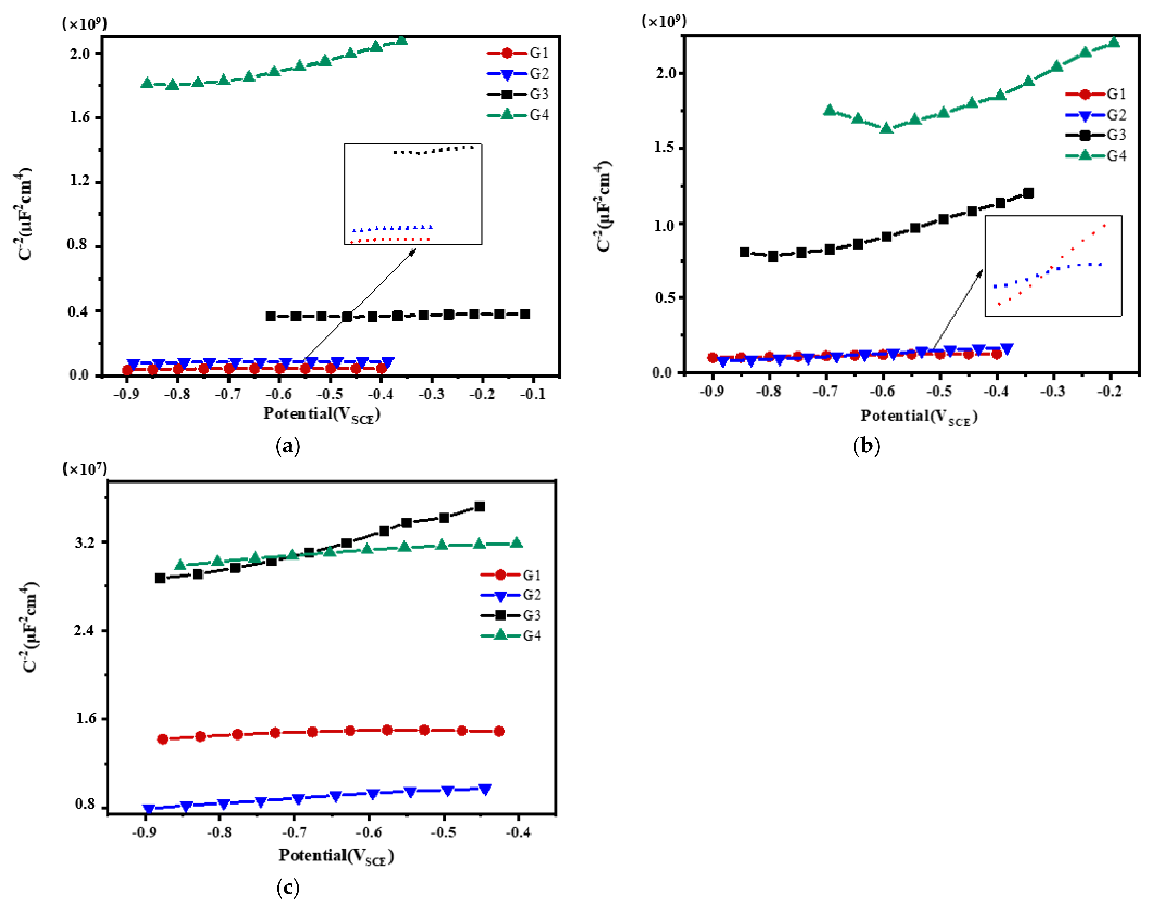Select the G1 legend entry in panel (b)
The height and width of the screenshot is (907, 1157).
pyautogui.click(x=1096, y=94)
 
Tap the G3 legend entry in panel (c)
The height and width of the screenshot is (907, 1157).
pyautogui.click(x=511, y=615)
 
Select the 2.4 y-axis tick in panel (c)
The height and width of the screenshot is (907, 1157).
pyautogui.click(x=85, y=630)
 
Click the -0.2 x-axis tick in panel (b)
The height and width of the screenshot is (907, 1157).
pyautogui.click(x=1109, y=391)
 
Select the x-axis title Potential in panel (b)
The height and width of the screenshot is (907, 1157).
pyautogui.click(x=918, y=416)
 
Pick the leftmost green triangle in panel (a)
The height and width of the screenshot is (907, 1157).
pyautogui.click(x=147, y=83)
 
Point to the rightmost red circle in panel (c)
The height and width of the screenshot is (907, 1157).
pyautogui.click(x=499, y=731)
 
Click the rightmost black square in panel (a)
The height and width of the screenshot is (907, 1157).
pyautogui.click(x=524, y=314)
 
